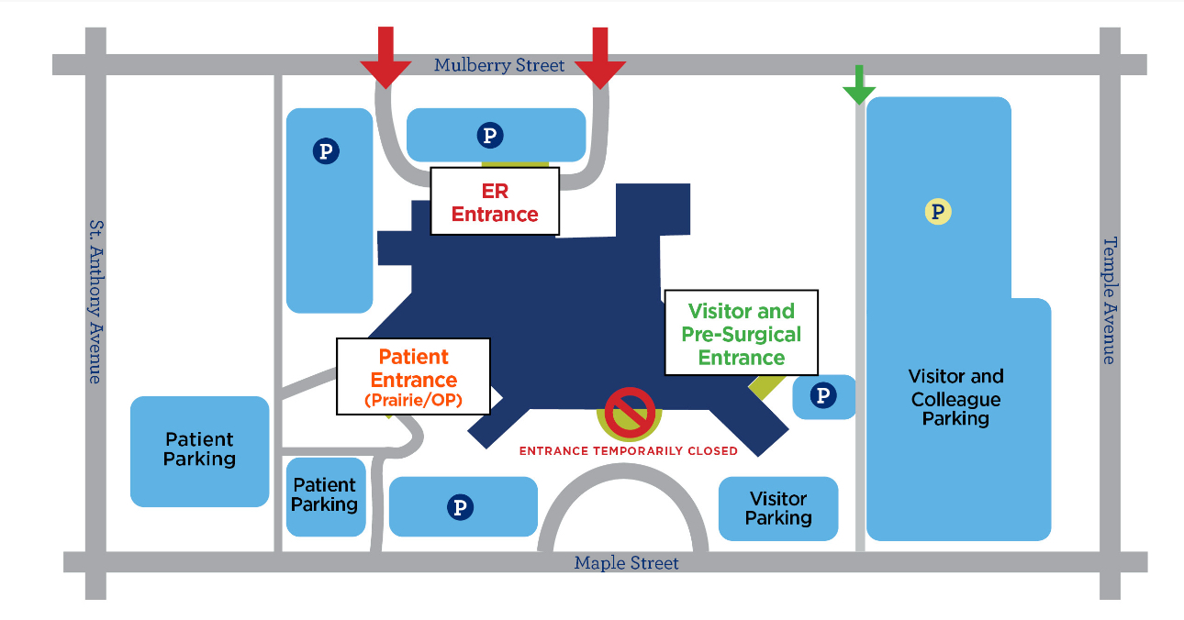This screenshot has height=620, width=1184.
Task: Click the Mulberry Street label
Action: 499,65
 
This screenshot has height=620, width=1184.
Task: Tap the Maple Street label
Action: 626,562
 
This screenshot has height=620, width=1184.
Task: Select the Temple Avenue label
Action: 1110,300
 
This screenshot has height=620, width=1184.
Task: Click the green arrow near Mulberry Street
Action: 859,85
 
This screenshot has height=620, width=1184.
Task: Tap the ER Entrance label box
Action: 495,202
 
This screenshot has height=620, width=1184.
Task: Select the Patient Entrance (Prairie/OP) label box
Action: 413,376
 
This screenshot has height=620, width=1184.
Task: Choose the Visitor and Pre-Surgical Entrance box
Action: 741,332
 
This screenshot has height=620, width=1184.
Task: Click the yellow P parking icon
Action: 937,213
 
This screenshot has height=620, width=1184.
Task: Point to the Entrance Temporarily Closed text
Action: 629,450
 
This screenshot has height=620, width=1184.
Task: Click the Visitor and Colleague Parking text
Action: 955,397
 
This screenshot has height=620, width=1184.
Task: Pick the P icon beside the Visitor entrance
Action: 823,396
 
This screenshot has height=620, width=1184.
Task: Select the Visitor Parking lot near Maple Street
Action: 778,508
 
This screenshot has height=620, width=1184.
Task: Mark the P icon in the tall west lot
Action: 326,150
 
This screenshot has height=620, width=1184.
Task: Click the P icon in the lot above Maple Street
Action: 460,506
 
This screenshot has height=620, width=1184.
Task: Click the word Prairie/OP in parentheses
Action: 413,401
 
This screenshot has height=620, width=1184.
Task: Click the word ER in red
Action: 495,191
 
